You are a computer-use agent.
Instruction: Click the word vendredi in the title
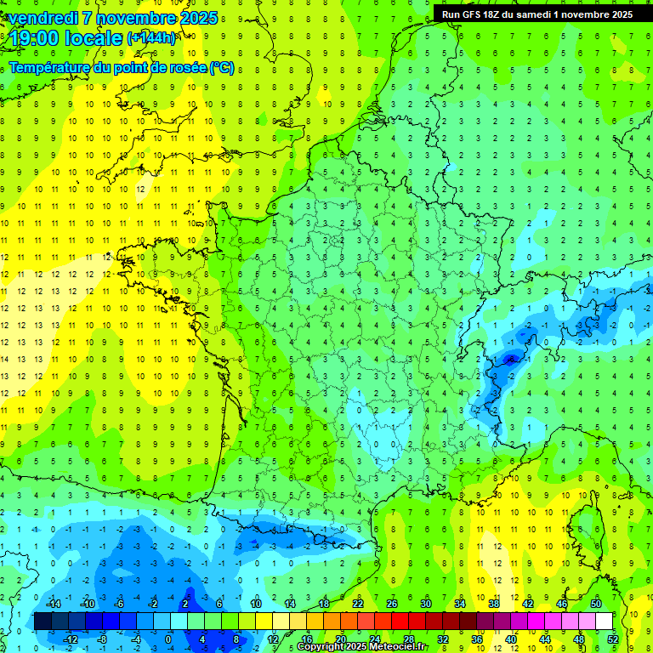tap(46, 18)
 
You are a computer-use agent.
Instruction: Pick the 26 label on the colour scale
tap(392, 603)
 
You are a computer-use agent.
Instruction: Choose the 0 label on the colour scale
tap(168, 639)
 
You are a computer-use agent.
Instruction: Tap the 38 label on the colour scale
tap(494, 603)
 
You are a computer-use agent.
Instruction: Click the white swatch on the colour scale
tap(605, 622)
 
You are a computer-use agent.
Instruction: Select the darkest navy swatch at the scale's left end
tap(43, 622)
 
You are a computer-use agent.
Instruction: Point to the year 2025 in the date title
tap(195, 18)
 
